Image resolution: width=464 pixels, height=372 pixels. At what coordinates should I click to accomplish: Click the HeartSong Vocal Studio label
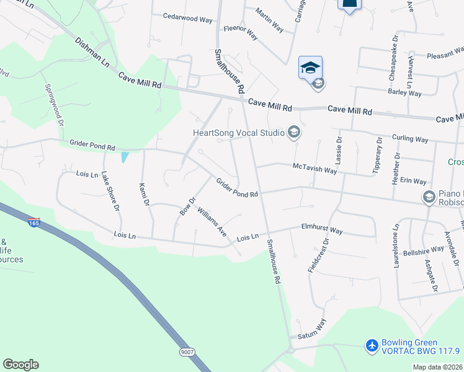(238, 132)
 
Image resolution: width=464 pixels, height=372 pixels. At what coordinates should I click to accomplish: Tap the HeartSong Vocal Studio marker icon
(294, 132)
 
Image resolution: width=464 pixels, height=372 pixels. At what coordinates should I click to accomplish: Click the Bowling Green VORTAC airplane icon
(372, 345)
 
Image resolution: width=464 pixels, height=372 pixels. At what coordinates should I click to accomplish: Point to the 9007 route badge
(187, 352)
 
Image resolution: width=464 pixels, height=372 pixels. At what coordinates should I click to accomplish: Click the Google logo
(20, 365)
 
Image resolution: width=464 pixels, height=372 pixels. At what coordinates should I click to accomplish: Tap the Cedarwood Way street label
(187, 19)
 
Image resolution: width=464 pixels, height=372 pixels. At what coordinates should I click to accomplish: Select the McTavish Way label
(315, 169)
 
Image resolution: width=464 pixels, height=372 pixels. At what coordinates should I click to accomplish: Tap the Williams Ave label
(212, 222)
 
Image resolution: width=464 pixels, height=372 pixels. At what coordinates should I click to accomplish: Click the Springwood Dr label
(53, 107)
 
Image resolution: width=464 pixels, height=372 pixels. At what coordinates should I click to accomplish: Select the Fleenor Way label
(241, 33)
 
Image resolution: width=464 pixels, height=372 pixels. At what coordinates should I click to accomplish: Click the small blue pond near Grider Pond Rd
(126, 157)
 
